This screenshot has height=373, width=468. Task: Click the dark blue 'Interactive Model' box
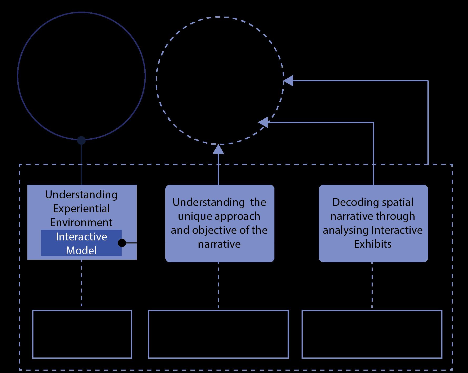click(x=81, y=243)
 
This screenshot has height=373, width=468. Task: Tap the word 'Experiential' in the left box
click(x=81, y=209)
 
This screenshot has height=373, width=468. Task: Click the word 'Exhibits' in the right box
click(x=373, y=244)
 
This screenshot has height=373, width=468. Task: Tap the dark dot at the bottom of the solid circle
click(x=81, y=140)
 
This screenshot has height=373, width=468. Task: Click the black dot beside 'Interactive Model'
click(x=122, y=243)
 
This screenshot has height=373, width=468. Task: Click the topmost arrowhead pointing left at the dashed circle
click(x=288, y=80)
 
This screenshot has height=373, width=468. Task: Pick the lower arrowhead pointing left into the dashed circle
click(x=263, y=122)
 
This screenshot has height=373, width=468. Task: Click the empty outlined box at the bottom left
click(x=82, y=334)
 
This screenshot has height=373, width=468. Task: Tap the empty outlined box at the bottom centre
click(x=218, y=334)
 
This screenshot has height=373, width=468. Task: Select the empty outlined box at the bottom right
click(x=372, y=334)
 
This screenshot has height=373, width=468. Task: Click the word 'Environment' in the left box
click(x=81, y=223)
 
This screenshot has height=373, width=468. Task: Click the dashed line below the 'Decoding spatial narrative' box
click(x=372, y=285)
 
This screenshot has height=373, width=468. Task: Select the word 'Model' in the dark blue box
click(x=81, y=250)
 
